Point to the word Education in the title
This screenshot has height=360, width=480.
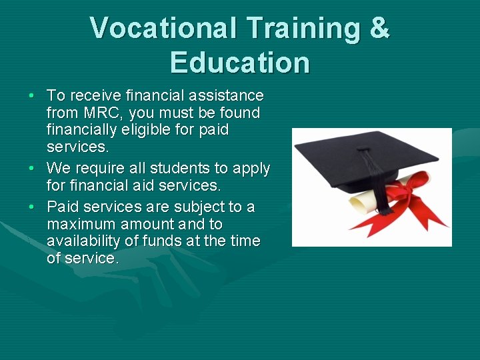240,63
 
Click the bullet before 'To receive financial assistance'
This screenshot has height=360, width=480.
31,96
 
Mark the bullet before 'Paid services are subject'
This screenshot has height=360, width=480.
31,207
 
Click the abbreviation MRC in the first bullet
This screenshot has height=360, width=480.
100,113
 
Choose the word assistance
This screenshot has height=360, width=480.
227,96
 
